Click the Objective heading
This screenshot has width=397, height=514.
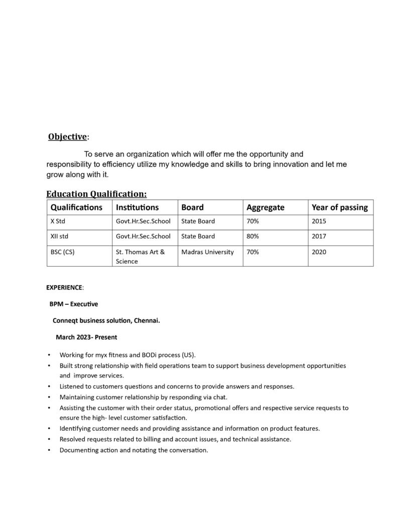pos(68,137)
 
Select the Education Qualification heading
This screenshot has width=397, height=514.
pos(96,194)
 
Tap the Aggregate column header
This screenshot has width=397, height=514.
pos(265,207)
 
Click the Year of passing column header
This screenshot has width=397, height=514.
pos(339,207)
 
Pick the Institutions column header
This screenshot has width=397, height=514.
pos(137,207)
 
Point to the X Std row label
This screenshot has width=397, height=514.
pos(58,221)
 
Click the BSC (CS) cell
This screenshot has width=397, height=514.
pos(62,252)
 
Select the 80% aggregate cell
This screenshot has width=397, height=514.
pos(252,236)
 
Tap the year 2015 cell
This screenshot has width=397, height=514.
pos(319,221)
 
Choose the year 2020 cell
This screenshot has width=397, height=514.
pos(319,252)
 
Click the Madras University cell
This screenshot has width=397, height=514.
pos(207,252)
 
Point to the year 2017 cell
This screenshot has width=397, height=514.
pos(319,236)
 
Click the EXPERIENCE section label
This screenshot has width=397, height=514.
pos(64,288)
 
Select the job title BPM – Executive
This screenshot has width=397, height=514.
pos(73,304)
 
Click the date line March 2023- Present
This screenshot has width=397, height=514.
pos(86,337)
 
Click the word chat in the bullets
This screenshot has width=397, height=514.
pos(219,397)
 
